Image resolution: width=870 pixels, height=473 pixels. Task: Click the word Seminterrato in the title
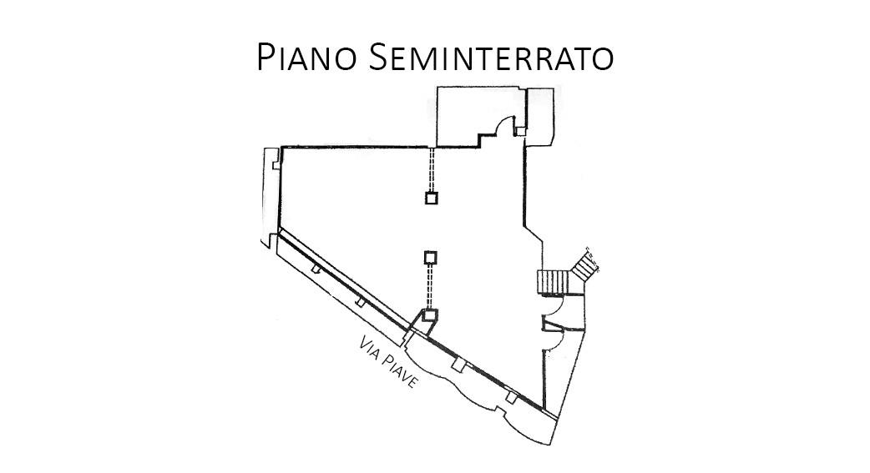[x=490, y=57]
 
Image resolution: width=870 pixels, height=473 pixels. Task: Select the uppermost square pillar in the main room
[x=431, y=198]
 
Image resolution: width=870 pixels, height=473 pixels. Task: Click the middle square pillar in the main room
[x=431, y=256]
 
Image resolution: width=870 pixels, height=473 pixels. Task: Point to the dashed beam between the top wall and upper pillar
[x=431, y=169]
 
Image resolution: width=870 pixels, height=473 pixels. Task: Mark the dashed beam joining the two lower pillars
[x=431, y=285]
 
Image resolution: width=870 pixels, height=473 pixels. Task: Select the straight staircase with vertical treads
[x=551, y=282]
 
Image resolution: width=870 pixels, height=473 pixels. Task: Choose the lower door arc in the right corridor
[x=551, y=339]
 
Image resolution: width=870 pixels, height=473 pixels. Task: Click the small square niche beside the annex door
[x=520, y=130]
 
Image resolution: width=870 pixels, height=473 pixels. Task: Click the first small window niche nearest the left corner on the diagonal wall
[x=316, y=269]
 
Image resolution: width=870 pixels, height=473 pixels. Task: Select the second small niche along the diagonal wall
[x=360, y=301]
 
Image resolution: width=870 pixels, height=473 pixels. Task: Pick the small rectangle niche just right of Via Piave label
[x=457, y=365]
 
